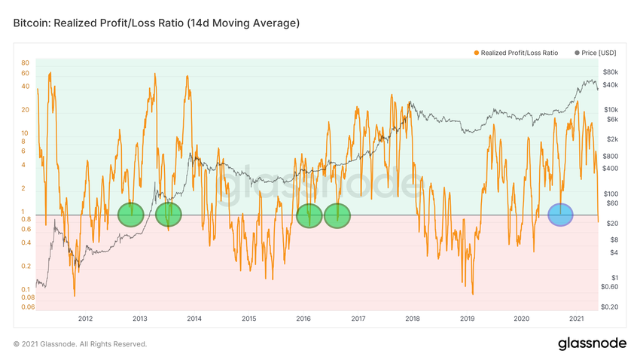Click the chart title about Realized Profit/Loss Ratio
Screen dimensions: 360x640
[x=157, y=23]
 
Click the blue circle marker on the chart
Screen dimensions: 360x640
[x=560, y=215]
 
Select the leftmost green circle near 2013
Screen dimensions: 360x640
[x=130, y=215]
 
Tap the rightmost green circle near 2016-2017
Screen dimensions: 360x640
[x=337, y=215]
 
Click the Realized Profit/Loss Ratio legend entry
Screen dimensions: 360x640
[x=519, y=53]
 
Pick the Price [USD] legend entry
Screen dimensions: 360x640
[x=598, y=53]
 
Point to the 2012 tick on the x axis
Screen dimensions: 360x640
[x=85, y=319]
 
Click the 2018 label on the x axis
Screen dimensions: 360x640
[x=413, y=319]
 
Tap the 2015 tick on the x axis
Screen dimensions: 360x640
[x=248, y=319]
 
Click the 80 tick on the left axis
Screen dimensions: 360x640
[x=25, y=63]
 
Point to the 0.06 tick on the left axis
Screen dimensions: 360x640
[x=26, y=307]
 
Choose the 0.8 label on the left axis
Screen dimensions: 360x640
[x=26, y=219]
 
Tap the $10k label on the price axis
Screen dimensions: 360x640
[x=612, y=109]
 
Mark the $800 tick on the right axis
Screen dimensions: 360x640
[x=612, y=155]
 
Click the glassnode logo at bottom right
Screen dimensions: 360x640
[x=592, y=343]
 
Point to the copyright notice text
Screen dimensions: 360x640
[x=81, y=344]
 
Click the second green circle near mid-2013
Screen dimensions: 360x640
[x=169, y=215]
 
